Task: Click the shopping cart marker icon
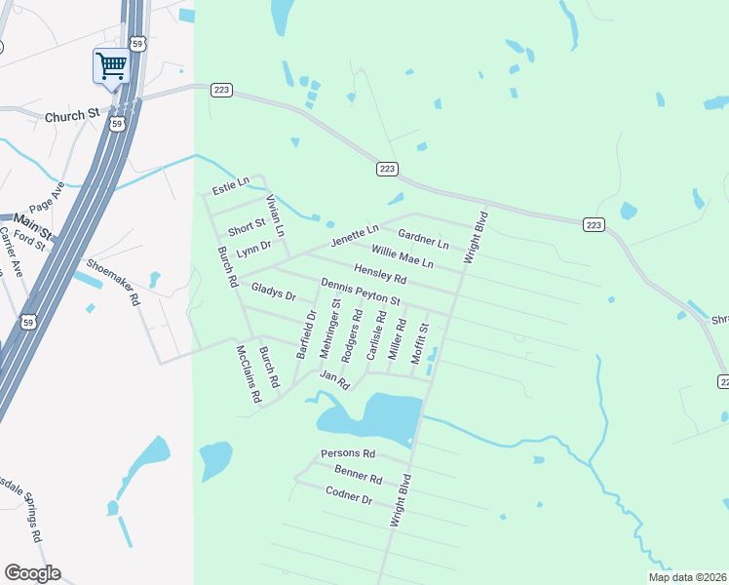coord(111,66)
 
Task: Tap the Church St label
coord(72,115)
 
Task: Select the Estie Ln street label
coord(231,183)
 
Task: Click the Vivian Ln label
coord(275,215)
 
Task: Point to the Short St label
coord(247,228)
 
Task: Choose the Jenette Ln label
coord(354,235)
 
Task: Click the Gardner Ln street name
coord(423,238)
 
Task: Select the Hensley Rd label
coord(380,275)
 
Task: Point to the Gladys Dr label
coord(273,291)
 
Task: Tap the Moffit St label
coord(419,343)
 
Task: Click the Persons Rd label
coord(348,454)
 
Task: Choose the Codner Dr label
coord(349,496)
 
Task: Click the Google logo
coord(32,573)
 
